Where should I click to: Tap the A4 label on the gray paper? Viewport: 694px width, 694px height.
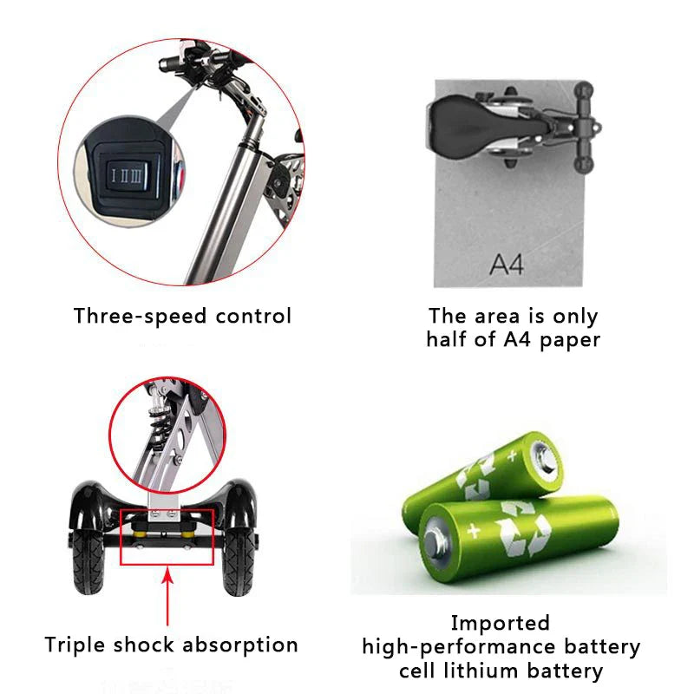pos(507,263)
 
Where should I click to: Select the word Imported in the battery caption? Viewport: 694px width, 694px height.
pos(501,623)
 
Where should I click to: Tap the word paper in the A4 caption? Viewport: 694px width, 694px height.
pos(566,339)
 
